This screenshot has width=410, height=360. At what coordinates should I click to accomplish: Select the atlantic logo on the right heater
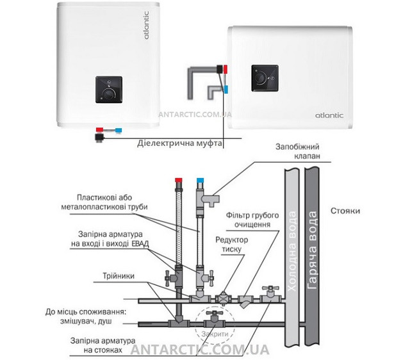[x=328, y=115]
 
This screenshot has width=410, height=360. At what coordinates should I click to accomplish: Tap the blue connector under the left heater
[x=119, y=129]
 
